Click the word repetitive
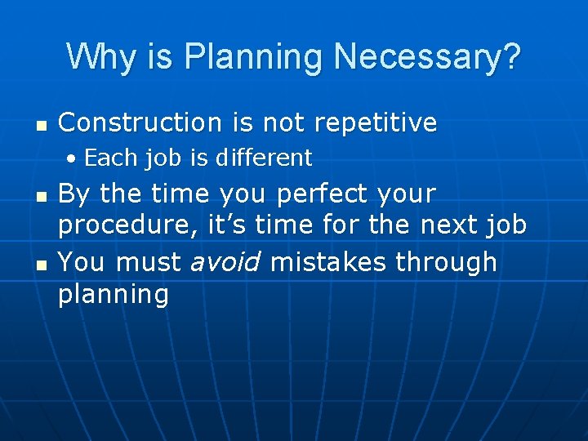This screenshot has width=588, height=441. (x=379, y=122)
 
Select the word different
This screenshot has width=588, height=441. (x=264, y=157)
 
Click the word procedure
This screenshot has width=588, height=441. (x=133, y=225)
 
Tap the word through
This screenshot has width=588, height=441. (x=446, y=262)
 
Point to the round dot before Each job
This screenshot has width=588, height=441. (x=73, y=158)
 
